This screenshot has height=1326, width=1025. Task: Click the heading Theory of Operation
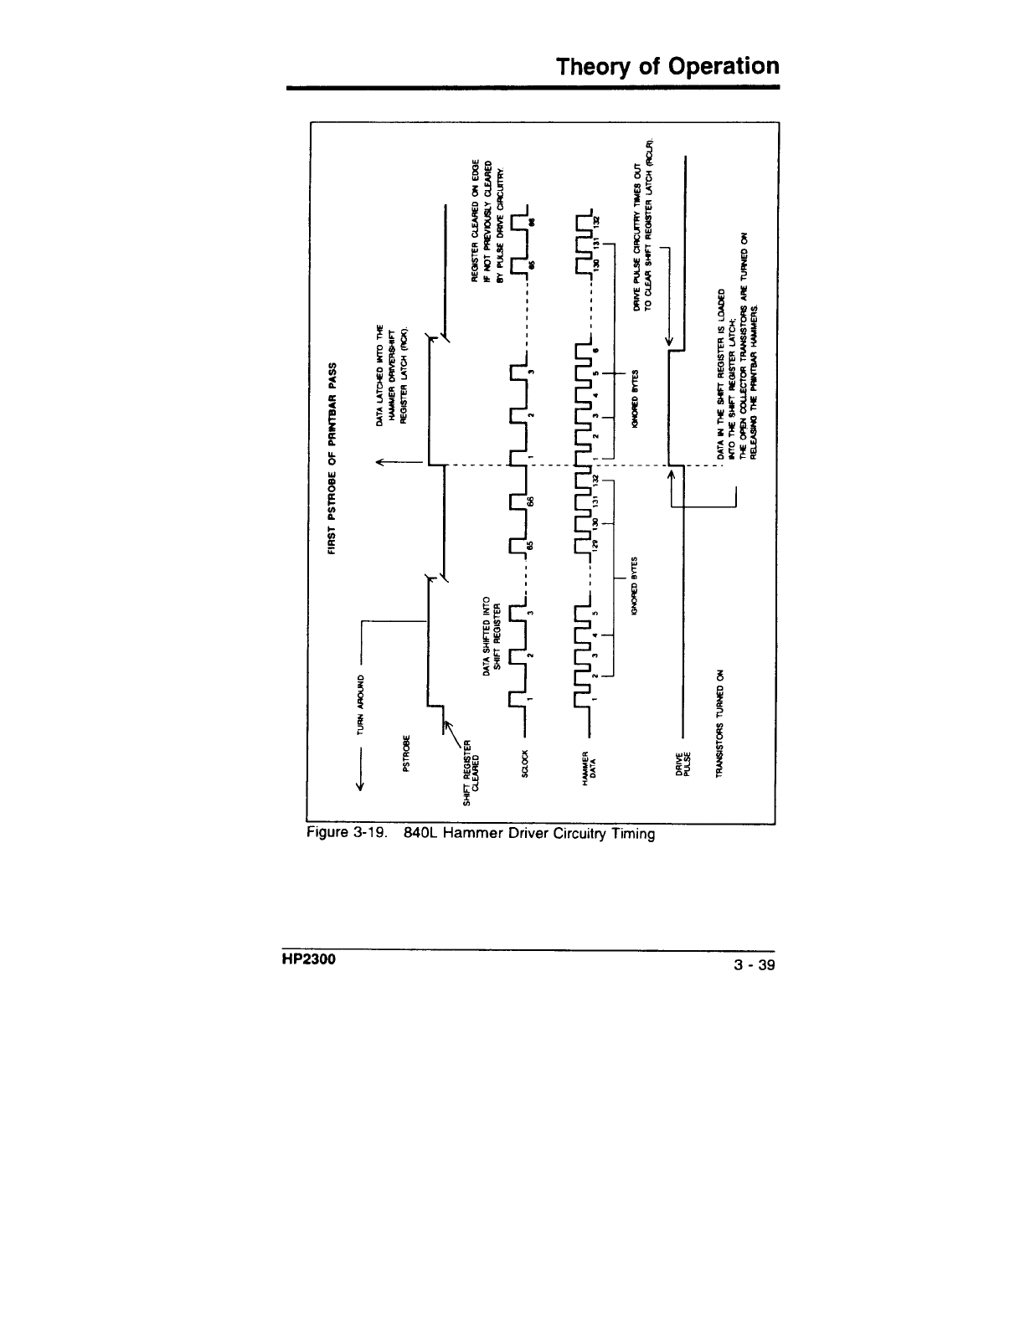(x=668, y=66)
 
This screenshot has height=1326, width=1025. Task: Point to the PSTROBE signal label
(x=407, y=754)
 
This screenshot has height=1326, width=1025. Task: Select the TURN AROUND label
(x=363, y=702)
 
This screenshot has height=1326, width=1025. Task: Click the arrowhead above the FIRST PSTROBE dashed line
(x=381, y=461)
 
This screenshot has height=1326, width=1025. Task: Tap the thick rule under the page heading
(x=533, y=87)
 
